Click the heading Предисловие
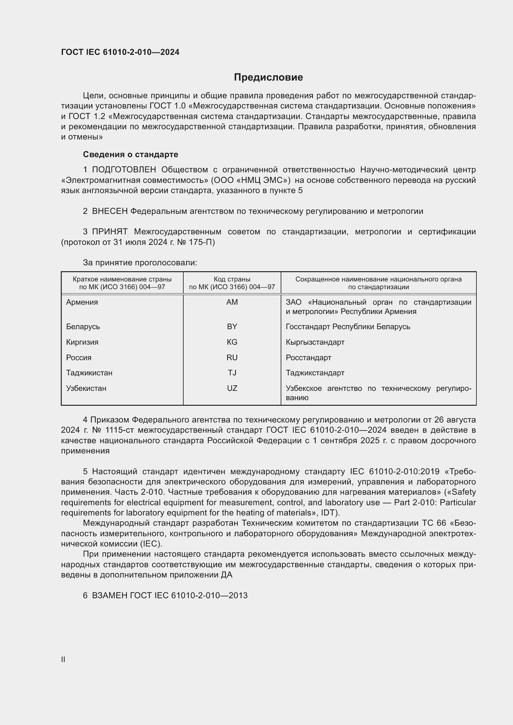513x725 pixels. tap(268, 77)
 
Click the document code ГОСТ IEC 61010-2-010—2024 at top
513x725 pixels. tap(120, 52)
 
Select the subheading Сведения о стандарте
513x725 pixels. tap(131, 154)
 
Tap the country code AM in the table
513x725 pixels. tap(232, 302)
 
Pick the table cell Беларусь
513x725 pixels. tap(83, 326)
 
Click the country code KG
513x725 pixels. tap(232, 342)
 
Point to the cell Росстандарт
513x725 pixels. tap(308, 357)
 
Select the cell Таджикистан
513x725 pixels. tap(89, 373)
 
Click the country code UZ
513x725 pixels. tap(232, 388)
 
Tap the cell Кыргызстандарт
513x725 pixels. tap(315, 342)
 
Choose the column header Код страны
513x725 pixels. tap(232, 279)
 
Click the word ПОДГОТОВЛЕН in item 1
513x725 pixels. tap(124, 170)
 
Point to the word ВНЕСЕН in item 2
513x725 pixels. tap(109, 211)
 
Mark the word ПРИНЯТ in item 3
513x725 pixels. tap(109, 232)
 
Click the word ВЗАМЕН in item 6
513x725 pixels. tap(109, 595)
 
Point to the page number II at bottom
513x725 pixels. tap(63, 659)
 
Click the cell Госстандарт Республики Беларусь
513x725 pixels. tap(348, 326)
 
